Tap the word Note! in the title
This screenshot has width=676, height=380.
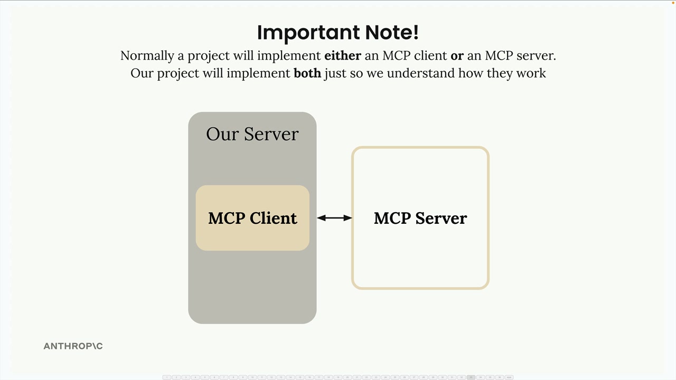click(x=392, y=33)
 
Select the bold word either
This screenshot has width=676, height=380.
click(x=343, y=55)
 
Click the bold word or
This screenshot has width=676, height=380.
click(x=457, y=55)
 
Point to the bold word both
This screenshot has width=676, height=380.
click(x=307, y=73)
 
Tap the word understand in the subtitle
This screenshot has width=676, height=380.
click(x=420, y=73)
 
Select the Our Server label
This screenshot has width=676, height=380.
click(x=252, y=134)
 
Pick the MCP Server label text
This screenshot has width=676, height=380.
click(x=420, y=218)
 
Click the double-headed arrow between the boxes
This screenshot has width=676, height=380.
click(x=334, y=217)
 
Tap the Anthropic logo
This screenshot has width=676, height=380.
click(x=73, y=346)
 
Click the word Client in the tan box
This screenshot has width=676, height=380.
click(x=273, y=218)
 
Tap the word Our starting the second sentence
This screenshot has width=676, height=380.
click(x=142, y=73)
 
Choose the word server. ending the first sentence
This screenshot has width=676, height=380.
click(x=536, y=55)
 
